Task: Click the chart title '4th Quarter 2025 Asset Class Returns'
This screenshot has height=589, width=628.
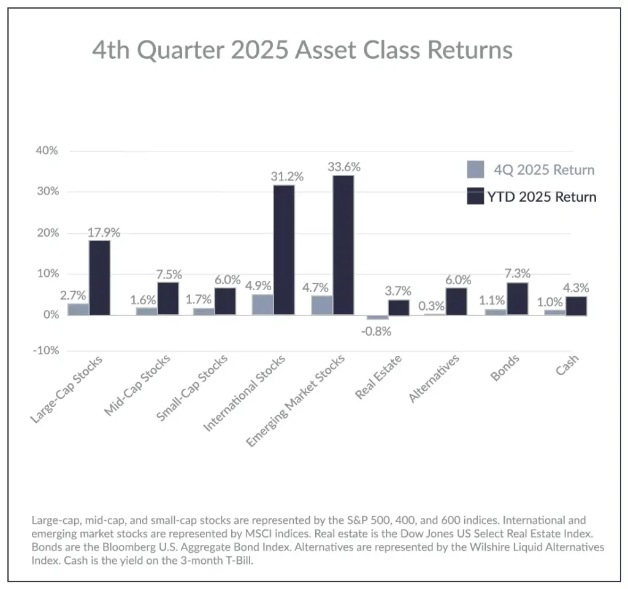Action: (x=302, y=50)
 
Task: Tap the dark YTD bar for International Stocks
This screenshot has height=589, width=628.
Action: (x=284, y=250)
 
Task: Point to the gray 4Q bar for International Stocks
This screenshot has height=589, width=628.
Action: (x=262, y=304)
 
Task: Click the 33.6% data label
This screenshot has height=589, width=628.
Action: (x=343, y=167)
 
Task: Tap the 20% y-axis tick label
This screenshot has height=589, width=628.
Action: (x=47, y=233)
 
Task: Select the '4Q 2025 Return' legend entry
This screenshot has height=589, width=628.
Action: (x=544, y=170)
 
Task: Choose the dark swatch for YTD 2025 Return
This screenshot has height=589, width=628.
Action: (x=476, y=196)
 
